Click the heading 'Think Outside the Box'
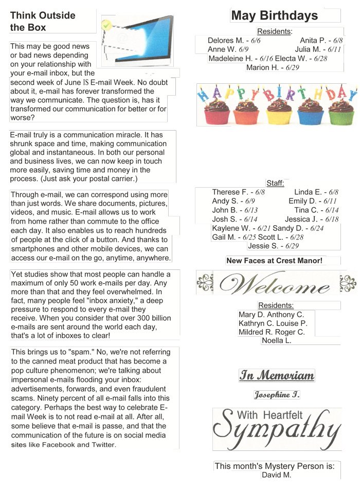pos(43,22)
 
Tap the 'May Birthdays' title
pos(274,15)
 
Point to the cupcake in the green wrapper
pos(341,112)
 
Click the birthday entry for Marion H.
pos(273,67)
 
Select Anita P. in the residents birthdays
pos(321,40)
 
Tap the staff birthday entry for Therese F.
pos(238,192)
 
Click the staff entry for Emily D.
pos(312,201)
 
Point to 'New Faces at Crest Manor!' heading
pos(274,261)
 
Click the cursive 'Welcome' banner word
pos(277,283)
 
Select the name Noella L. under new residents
pos(277,340)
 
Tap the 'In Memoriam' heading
pos(277,375)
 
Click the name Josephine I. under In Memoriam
pos(277,395)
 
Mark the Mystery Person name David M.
pos(277,475)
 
